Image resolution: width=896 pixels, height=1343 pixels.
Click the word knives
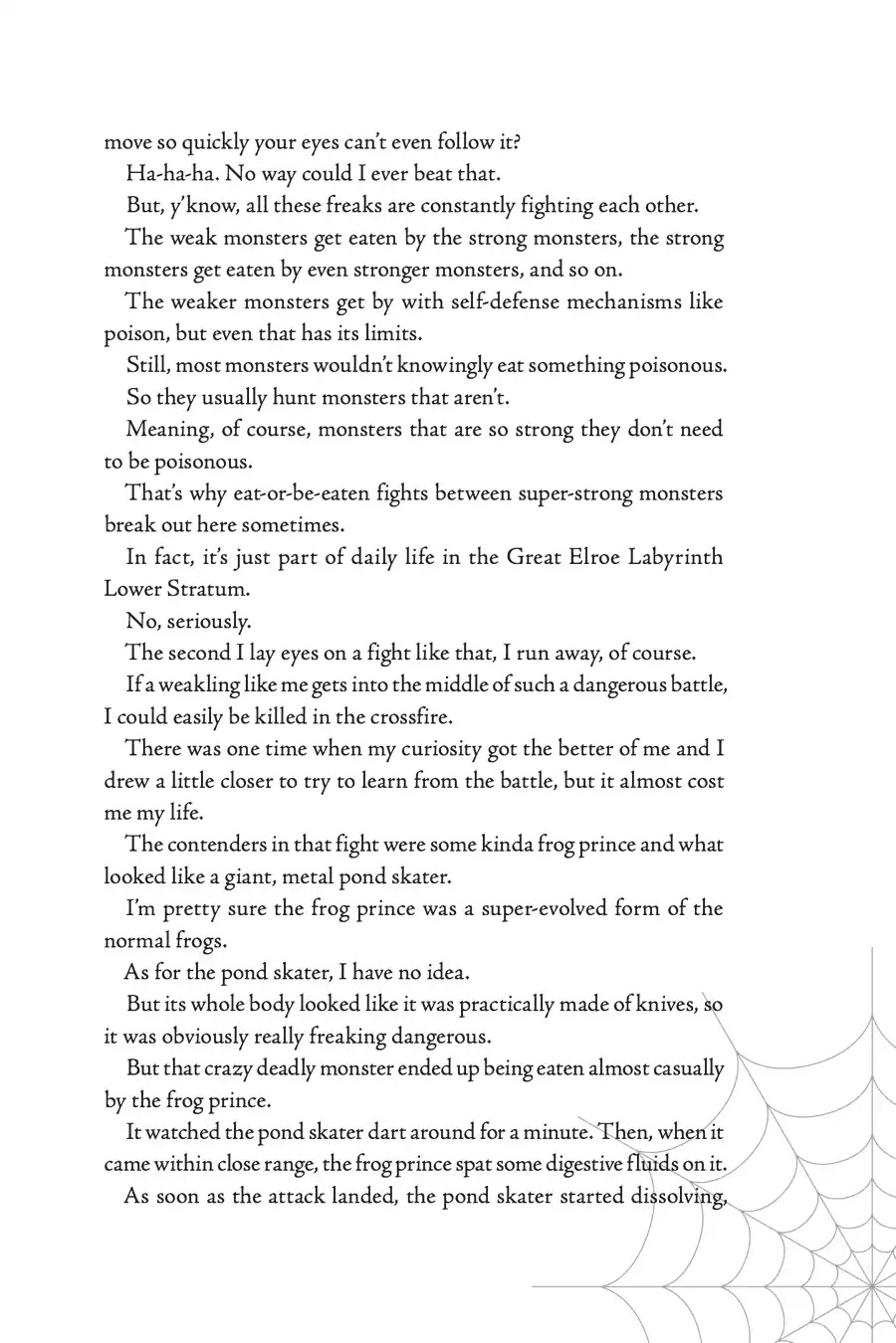point(666,1004)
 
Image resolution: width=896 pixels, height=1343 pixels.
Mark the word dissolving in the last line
point(676,1196)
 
